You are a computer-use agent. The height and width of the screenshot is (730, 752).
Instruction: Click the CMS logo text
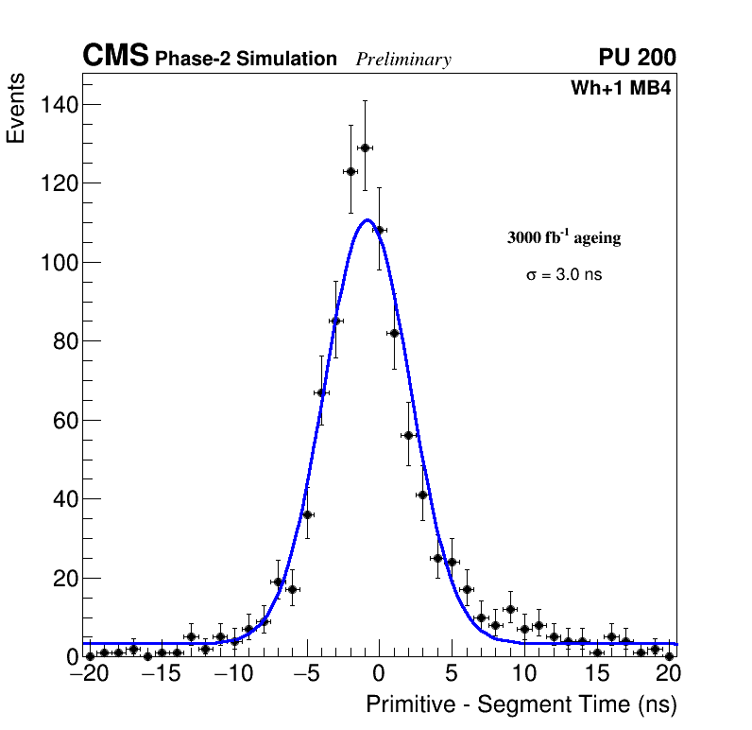click(x=115, y=57)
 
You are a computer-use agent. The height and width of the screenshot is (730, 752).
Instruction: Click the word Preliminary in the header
click(x=403, y=60)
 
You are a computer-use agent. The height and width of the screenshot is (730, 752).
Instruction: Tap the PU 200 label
click(x=637, y=58)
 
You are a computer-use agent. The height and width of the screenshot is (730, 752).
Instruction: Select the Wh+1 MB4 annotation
click(x=621, y=89)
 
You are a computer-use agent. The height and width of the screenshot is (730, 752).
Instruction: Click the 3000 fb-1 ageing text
click(x=564, y=238)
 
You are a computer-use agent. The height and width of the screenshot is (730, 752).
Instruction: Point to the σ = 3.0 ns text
click(x=564, y=275)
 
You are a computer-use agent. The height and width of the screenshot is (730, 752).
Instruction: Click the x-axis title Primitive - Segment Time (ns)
click(x=521, y=704)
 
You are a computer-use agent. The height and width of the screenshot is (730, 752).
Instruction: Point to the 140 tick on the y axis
click(x=60, y=104)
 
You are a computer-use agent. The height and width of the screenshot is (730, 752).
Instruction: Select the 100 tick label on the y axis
click(x=60, y=262)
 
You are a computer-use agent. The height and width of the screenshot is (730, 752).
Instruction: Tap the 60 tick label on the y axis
click(x=64, y=420)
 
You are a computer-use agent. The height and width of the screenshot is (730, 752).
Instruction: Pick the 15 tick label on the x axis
click(x=597, y=674)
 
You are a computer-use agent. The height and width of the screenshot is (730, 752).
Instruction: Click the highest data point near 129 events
click(x=365, y=148)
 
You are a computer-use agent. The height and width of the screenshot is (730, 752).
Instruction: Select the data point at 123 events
click(x=350, y=171)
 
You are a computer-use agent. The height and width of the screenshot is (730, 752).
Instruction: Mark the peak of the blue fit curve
click(x=367, y=220)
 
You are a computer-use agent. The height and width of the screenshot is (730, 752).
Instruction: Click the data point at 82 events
click(x=394, y=333)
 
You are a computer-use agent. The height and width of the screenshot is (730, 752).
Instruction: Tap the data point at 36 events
click(x=307, y=514)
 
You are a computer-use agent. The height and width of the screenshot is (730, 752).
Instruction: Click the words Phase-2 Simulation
click(x=246, y=60)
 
